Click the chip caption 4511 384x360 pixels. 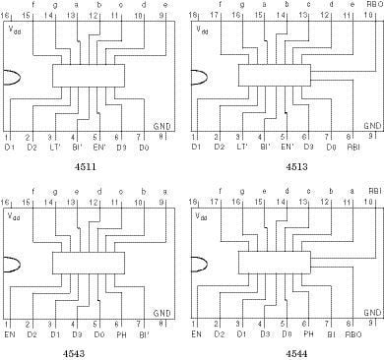[86, 168]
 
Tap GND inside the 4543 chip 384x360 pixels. [162, 310]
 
